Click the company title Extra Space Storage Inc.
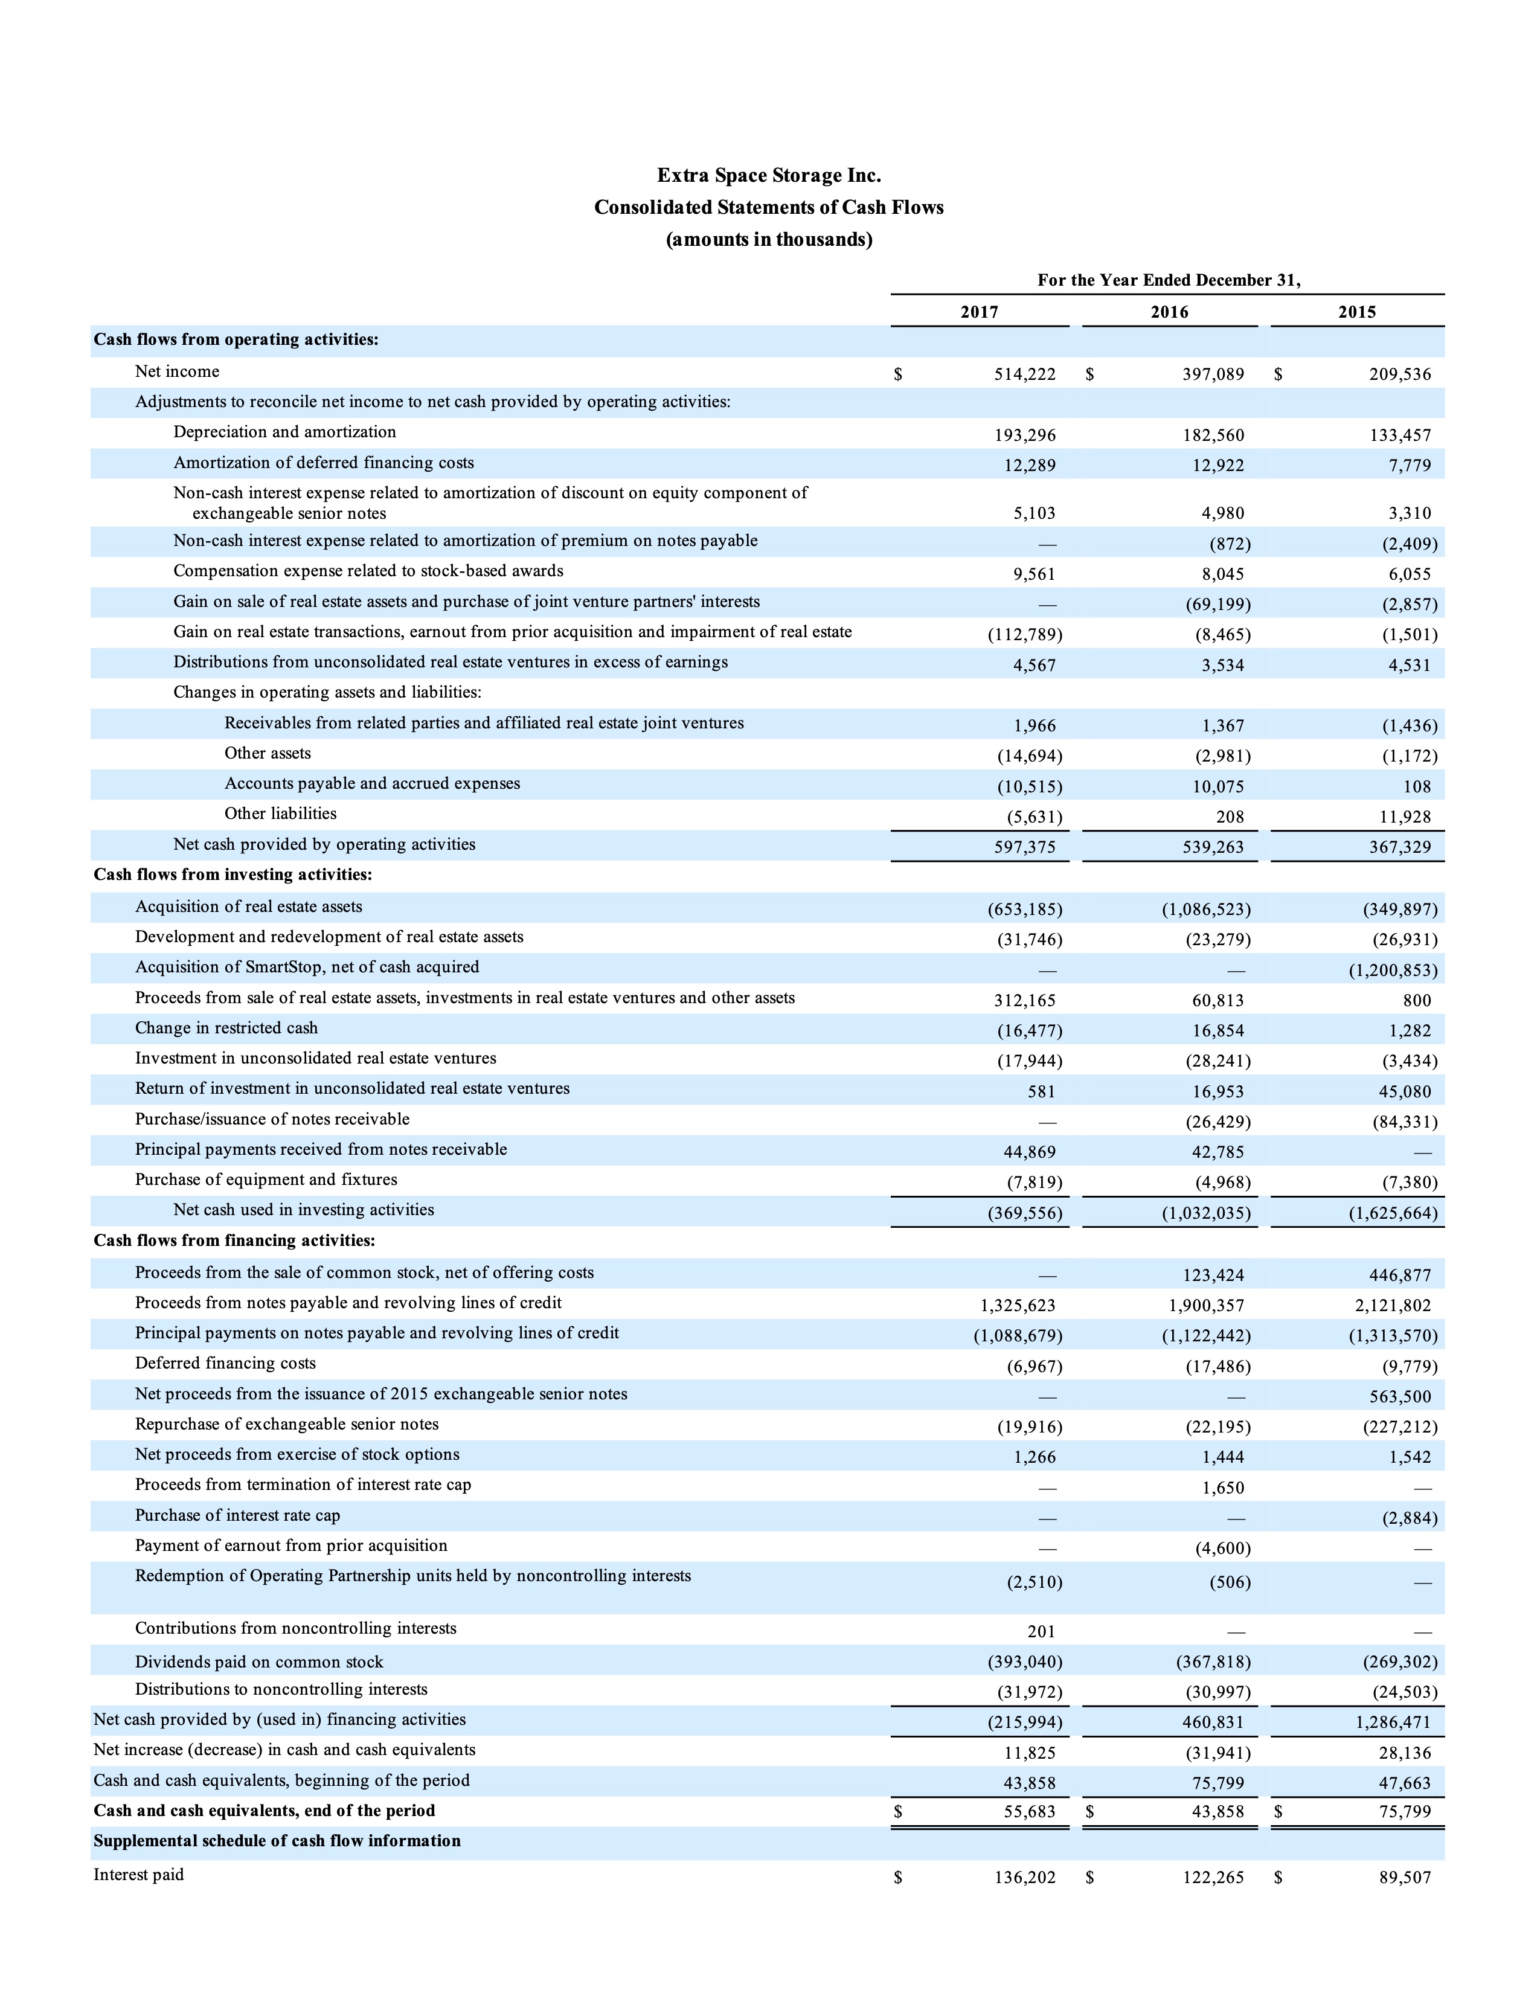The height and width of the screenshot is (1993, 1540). (769, 175)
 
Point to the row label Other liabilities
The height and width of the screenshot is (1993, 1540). (280, 813)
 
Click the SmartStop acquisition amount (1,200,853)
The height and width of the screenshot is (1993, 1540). (1393, 970)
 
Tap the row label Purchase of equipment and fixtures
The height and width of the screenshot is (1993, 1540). (266, 1179)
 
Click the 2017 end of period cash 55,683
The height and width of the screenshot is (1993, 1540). (1029, 1811)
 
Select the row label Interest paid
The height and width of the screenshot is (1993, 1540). (139, 1875)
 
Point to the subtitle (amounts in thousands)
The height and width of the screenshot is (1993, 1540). (769, 240)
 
